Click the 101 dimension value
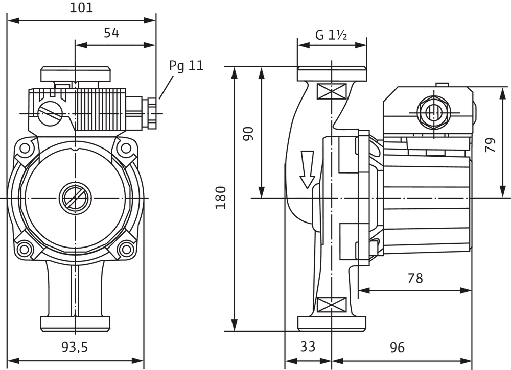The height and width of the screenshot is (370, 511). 81,8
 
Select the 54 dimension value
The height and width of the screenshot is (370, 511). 111,33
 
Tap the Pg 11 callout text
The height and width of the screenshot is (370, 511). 187,66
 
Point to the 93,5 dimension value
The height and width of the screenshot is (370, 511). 75,347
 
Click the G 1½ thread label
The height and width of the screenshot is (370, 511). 331,35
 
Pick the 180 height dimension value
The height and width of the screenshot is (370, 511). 221,198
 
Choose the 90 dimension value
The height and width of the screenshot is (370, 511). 248,134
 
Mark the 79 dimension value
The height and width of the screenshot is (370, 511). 491,145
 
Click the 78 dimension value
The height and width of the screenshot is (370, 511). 415,278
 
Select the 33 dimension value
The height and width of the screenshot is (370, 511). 308,347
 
